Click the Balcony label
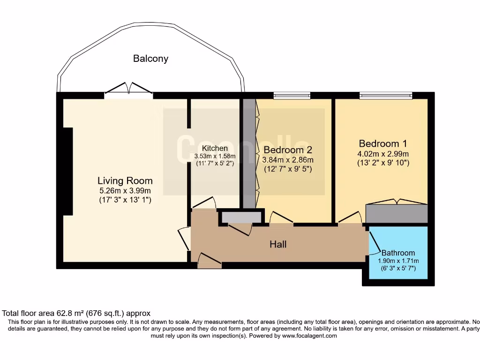(150, 59)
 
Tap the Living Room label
(125, 180)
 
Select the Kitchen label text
(215, 148)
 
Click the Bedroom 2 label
(288, 150)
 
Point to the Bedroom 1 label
(383, 143)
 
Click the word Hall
(278, 244)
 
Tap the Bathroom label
(398, 253)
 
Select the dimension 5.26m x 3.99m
(125, 191)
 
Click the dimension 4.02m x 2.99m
(383, 154)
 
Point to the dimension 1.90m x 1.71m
(398, 261)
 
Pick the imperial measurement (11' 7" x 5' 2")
(215, 164)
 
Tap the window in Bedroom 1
(386, 96)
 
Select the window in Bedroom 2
(292, 96)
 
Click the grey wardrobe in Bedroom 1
(397, 214)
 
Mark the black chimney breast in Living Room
(68, 171)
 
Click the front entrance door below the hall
(210, 261)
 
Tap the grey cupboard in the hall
(241, 217)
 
